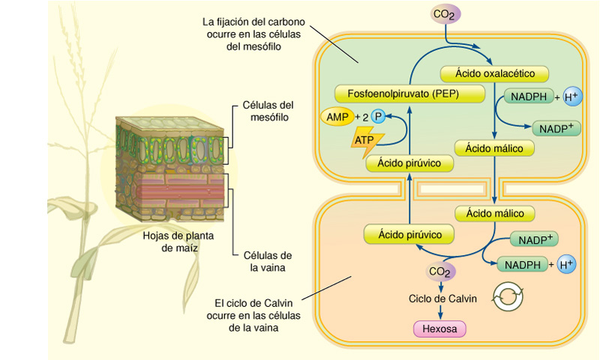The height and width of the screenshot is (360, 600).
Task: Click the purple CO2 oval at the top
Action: click(445, 14)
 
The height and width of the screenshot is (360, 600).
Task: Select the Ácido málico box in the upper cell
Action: click(494, 148)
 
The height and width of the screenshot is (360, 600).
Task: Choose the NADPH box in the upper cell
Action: click(529, 97)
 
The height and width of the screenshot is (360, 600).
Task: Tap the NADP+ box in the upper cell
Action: click(556, 128)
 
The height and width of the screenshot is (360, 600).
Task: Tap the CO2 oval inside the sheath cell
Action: click(440, 271)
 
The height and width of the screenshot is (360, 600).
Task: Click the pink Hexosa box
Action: click(440, 328)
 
